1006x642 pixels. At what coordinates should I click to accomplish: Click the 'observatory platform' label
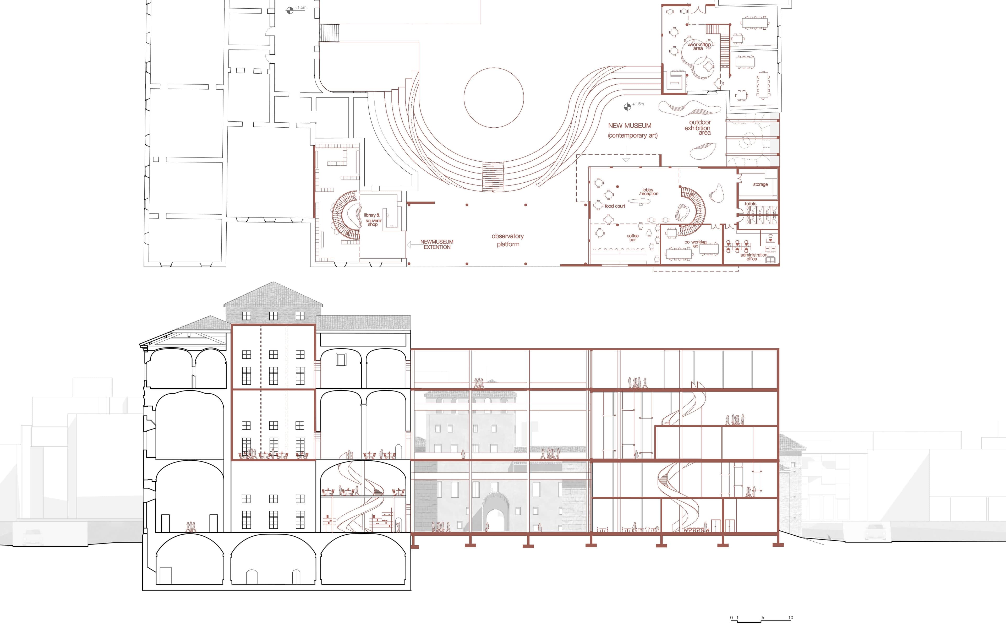tap(508, 240)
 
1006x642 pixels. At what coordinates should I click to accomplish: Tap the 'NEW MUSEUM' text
tap(630, 126)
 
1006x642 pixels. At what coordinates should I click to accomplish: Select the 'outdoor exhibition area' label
tap(698, 127)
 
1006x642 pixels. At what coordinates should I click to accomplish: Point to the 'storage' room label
tap(760, 184)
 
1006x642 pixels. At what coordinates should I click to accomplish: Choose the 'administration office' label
tap(753, 257)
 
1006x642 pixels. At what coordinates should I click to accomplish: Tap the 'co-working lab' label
tap(696, 244)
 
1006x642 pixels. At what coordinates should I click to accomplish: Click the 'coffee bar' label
tap(632, 238)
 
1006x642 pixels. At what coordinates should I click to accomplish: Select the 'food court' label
tap(615, 206)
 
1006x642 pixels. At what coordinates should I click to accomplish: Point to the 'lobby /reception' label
tap(648, 192)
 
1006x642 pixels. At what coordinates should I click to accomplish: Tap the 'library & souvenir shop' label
tap(373, 220)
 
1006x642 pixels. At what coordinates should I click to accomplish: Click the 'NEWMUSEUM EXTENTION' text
tap(437, 244)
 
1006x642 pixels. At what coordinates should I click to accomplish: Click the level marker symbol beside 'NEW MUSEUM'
tap(627, 107)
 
